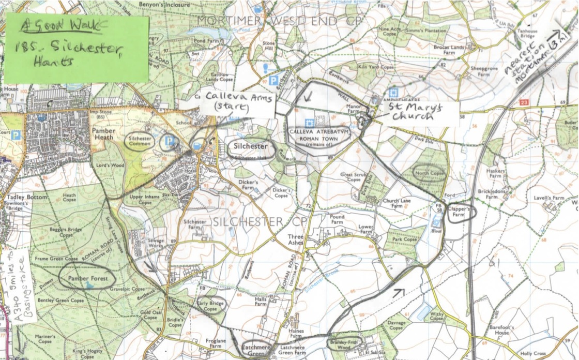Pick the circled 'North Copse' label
[429, 173]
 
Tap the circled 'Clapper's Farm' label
[460, 212]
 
